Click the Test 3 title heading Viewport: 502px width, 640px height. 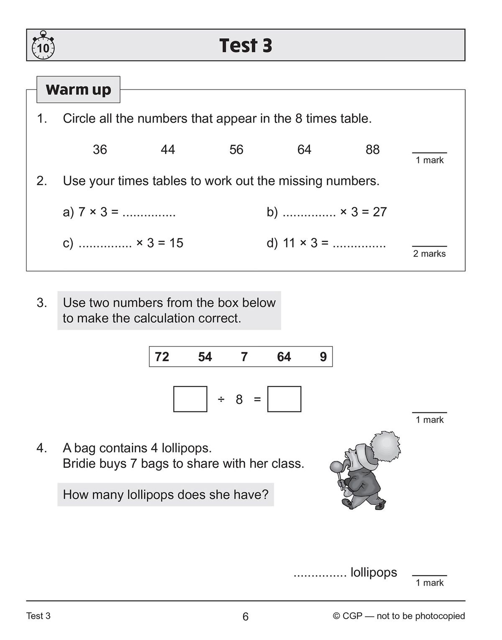pos(246,46)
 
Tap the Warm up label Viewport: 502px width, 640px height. pos(78,89)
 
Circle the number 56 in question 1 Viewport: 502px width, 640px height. pos(236,150)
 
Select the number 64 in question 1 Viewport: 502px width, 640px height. pos(304,150)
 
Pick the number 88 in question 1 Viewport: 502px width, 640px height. pos(372,150)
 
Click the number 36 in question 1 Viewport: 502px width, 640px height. pos(100,150)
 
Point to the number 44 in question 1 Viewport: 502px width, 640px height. pos(168,150)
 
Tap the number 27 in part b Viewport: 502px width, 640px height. pos(379,212)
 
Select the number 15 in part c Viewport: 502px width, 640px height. pos(176,243)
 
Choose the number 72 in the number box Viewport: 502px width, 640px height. pos(162,357)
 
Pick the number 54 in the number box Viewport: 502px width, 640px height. pos(205,357)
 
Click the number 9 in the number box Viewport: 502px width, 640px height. pos(323,357)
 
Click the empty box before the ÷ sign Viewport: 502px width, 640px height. pos(190,399)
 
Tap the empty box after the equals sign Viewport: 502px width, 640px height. pos(284,399)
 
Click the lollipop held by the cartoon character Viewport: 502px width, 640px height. pos(336,466)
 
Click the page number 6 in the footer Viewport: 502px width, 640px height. pos(246,617)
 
